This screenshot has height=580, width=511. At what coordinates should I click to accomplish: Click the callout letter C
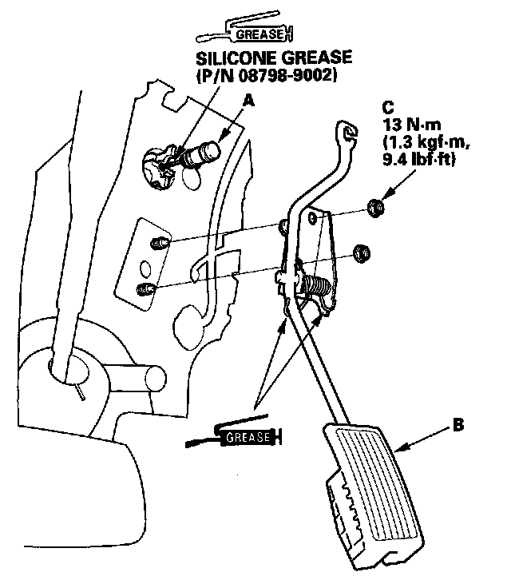pos(388,106)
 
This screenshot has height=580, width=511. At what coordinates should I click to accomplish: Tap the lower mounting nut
pos(361,252)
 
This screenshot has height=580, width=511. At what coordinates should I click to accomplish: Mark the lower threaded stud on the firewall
pos(146,288)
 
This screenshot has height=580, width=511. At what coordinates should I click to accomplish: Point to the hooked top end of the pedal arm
pos(346,131)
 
